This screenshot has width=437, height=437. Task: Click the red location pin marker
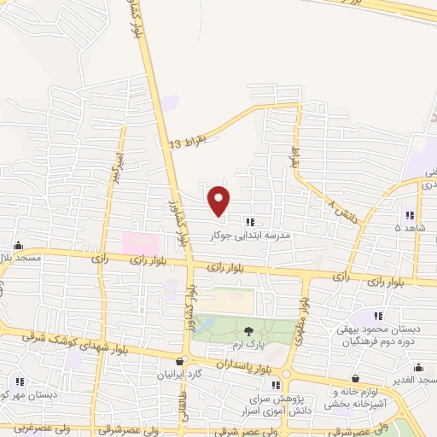[219, 200]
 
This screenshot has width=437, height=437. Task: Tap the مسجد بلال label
[16, 257]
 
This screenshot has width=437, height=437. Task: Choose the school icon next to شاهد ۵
[410, 215]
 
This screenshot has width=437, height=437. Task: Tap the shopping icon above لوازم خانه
[355, 378]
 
